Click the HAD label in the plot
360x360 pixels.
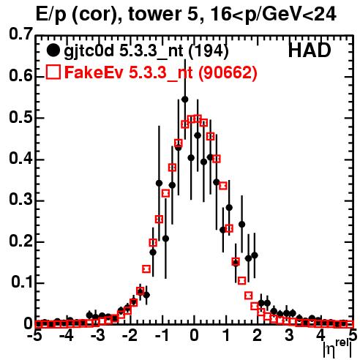pos(310,50)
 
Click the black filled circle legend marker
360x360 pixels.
pos(53,50)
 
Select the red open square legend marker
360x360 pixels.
pos(53,72)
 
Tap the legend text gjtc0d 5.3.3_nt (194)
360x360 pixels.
pos(146,51)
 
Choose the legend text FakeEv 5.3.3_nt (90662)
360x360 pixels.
pos(161,72)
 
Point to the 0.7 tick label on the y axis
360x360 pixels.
pos(20,34)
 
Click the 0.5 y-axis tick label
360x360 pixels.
pos(20,117)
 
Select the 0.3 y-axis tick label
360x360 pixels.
pos(20,200)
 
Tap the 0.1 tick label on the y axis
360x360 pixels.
pos(21,282)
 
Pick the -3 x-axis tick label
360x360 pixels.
pos(97,336)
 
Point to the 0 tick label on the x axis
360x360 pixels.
pos(194,336)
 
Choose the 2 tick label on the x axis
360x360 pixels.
pos(258,336)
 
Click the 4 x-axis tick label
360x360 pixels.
pos(321,336)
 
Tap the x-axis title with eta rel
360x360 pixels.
pos(337,348)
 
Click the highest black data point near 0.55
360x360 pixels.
pos(185,100)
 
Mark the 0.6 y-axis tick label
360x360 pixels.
pos(20,75)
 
